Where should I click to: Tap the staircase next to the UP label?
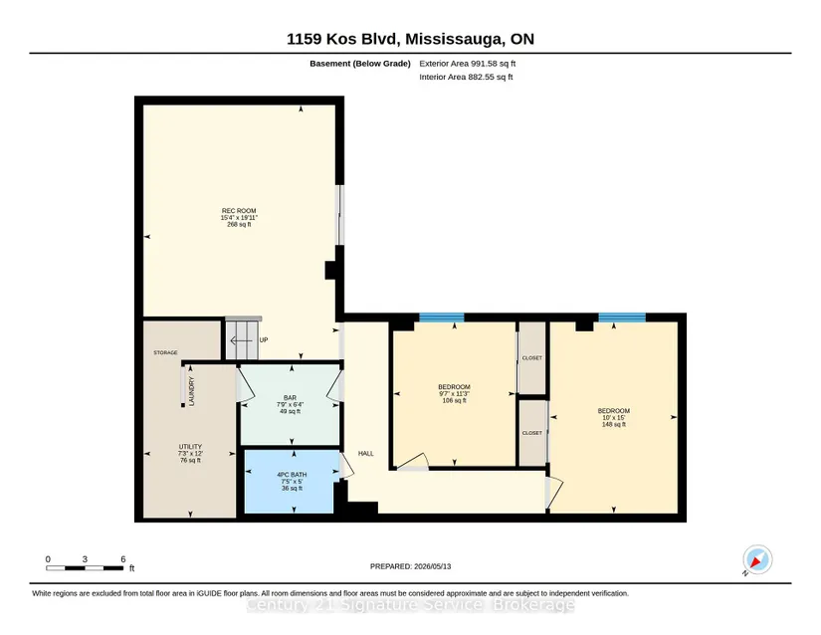pyautogui.click(x=242, y=339)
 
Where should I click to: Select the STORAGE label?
pyautogui.click(x=165, y=353)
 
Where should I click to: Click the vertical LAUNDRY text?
pyautogui.click(x=191, y=391)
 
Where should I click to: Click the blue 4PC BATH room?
pyautogui.click(x=289, y=482)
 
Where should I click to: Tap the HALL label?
pyautogui.click(x=366, y=453)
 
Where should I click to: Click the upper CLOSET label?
pyautogui.click(x=532, y=358)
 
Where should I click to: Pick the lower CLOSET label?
pyautogui.click(x=532, y=433)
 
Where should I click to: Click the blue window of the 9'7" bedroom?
pyautogui.click(x=442, y=317)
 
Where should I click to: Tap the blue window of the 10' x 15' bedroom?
pyautogui.click(x=622, y=317)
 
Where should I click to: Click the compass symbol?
pyautogui.click(x=757, y=559)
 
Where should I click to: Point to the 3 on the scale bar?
pyautogui.click(x=85, y=559)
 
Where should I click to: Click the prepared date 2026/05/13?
pyautogui.click(x=433, y=566)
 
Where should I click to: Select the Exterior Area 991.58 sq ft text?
pyautogui.click(x=468, y=64)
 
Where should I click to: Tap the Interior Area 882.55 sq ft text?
pyautogui.click(x=466, y=77)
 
